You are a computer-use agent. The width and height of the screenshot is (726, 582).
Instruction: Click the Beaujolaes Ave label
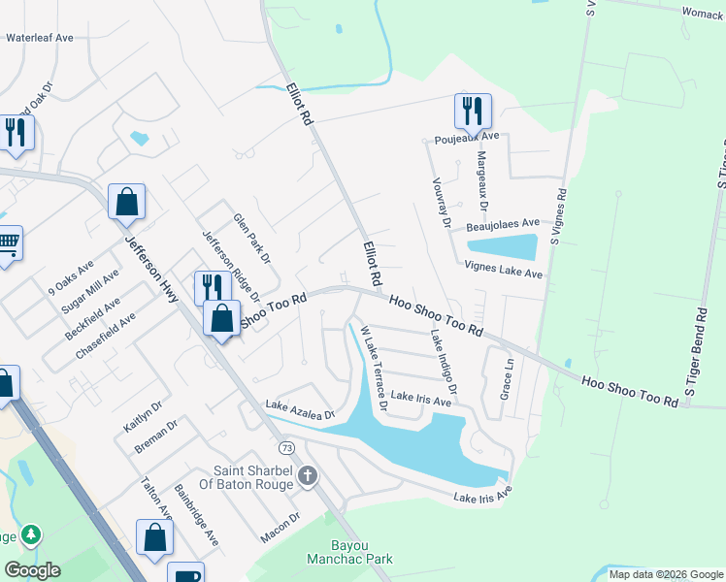(503, 224)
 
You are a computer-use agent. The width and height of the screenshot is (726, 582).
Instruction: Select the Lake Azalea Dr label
(300, 409)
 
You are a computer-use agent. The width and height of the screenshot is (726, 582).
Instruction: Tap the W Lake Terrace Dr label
(374, 369)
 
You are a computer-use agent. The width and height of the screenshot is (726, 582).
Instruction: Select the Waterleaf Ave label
(40, 38)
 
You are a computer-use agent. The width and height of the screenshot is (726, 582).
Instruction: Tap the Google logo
(32, 570)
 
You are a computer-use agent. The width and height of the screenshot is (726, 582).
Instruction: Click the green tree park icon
(31, 534)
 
